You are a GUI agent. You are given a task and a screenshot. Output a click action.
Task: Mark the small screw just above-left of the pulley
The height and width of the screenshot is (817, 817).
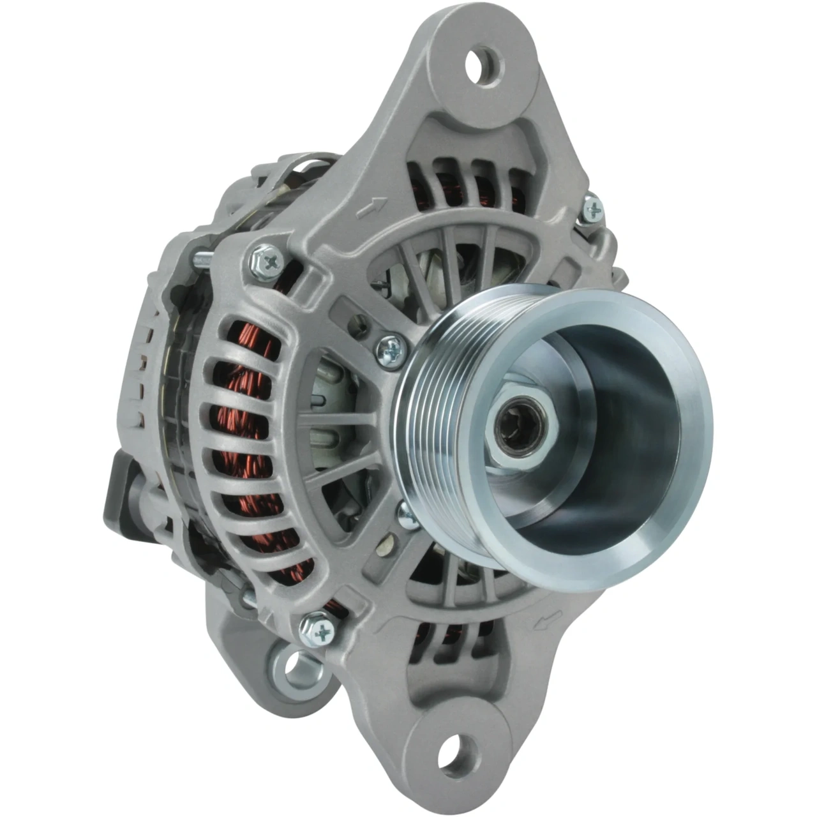pyautogui.click(x=388, y=347)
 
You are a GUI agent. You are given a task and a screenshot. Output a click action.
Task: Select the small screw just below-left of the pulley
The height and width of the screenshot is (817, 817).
pyautogui.click(x=407, y=514)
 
